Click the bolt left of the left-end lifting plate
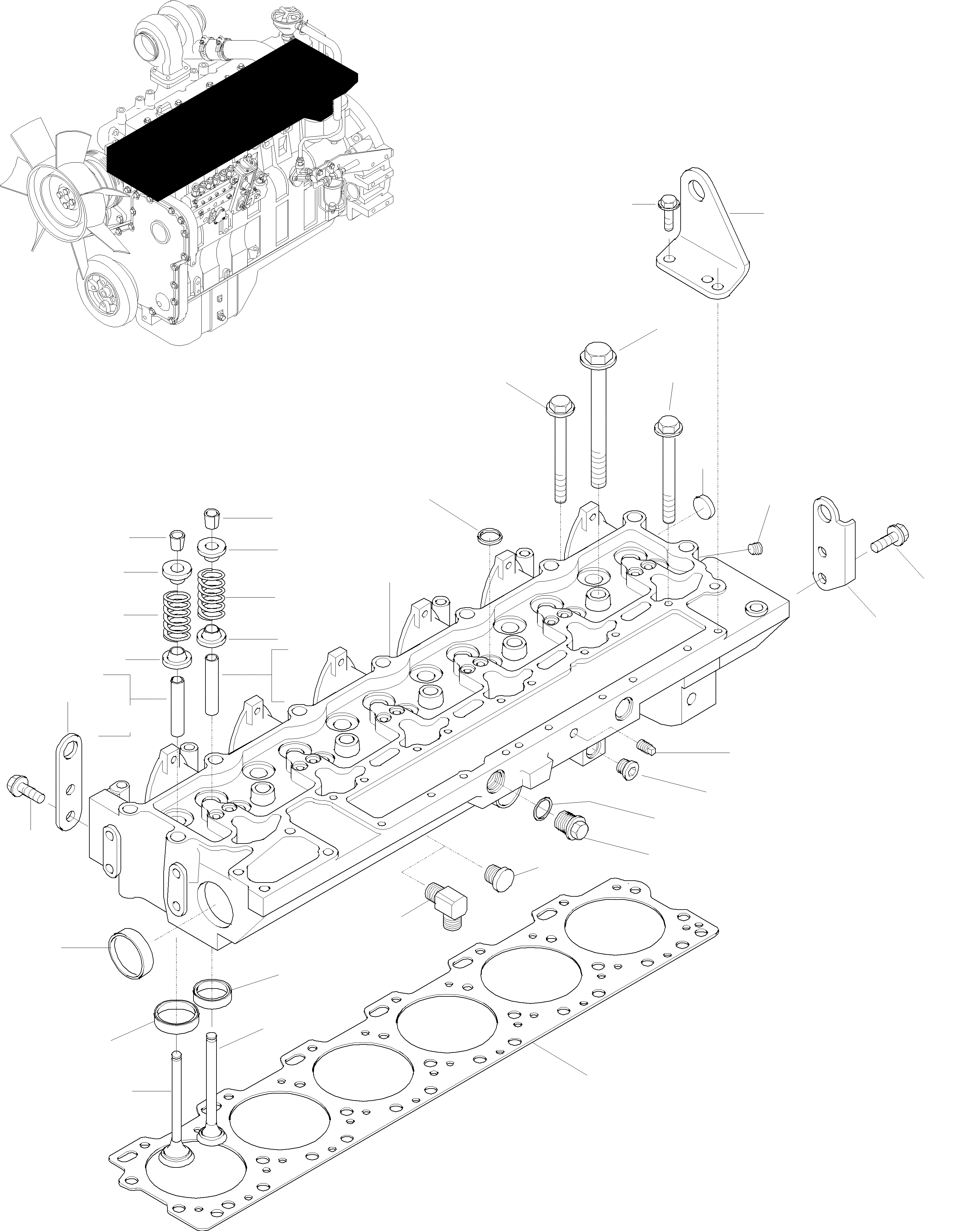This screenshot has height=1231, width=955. point(23,786)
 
